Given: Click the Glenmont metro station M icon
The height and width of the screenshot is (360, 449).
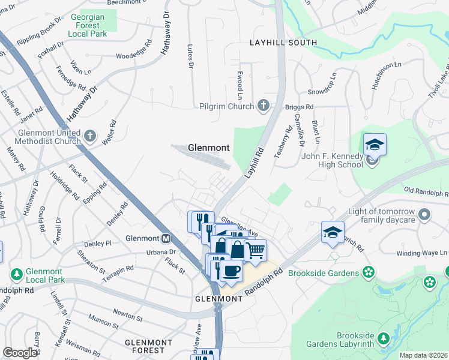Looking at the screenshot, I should tap(166, 238).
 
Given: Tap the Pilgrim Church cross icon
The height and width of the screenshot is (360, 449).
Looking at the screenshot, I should tap(263, 106).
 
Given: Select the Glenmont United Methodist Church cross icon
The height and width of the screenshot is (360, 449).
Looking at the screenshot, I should tap(90, 136).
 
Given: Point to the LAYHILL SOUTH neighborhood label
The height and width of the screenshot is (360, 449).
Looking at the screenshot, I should tap(283, 43).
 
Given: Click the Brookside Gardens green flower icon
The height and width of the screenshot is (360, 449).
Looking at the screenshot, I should tap(369, 273).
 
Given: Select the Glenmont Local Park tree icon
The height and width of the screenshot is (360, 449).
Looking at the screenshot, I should tap(17, 274).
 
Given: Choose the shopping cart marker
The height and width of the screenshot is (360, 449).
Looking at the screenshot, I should tap(256, 250).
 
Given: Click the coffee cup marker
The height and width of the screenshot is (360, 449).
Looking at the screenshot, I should tap(231, 271).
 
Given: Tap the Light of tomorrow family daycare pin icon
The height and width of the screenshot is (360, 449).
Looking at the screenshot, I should tap(424, 214).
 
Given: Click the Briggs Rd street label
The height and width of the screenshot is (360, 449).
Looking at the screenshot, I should tap(300, 107).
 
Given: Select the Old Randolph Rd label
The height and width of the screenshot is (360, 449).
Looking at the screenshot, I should tap(426, 193).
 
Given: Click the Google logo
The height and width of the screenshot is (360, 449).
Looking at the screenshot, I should tap(20, 353).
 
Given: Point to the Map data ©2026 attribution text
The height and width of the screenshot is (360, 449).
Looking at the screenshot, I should tap(423, 355).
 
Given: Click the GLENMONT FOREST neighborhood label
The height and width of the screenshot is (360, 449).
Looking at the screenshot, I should tap(148, 346).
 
